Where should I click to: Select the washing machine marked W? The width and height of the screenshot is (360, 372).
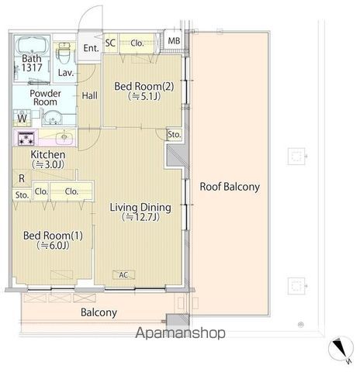tap(22, 118)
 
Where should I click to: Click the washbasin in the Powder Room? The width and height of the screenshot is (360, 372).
tap(53, 119)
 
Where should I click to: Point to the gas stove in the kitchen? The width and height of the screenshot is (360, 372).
tap(26, 138)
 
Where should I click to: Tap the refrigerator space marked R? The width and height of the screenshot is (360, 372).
tap(22, 178)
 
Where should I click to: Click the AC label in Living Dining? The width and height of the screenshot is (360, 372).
tap(123, 275)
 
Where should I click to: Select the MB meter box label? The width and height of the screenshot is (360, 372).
tap(174, 41)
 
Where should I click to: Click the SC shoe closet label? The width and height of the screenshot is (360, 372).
tap(110, 43)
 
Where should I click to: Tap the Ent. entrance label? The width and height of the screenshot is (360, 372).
tap(91, 48)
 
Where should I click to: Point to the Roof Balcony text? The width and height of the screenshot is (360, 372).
tap(230, 187)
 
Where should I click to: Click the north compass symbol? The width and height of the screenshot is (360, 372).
tap(341, 350)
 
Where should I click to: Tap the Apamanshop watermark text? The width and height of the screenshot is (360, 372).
tap(180, 332)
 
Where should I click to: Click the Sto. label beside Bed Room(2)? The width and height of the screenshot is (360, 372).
tap(175, 135)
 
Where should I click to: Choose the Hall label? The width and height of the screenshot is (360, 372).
tap(89, 96)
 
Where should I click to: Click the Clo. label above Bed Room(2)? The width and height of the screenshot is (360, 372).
tap(137, 43)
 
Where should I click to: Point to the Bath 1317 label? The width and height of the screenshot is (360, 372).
tap(32, 63)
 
